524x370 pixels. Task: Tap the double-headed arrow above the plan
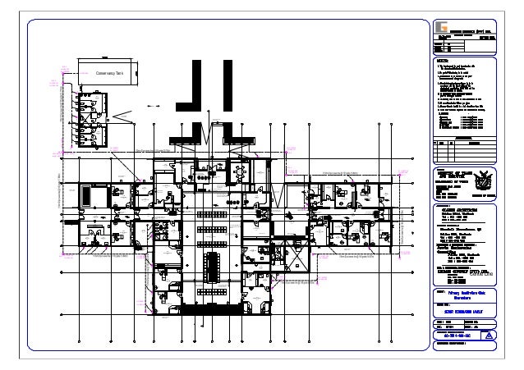tap(152, 106)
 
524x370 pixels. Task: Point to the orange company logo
tap(443, 24)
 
